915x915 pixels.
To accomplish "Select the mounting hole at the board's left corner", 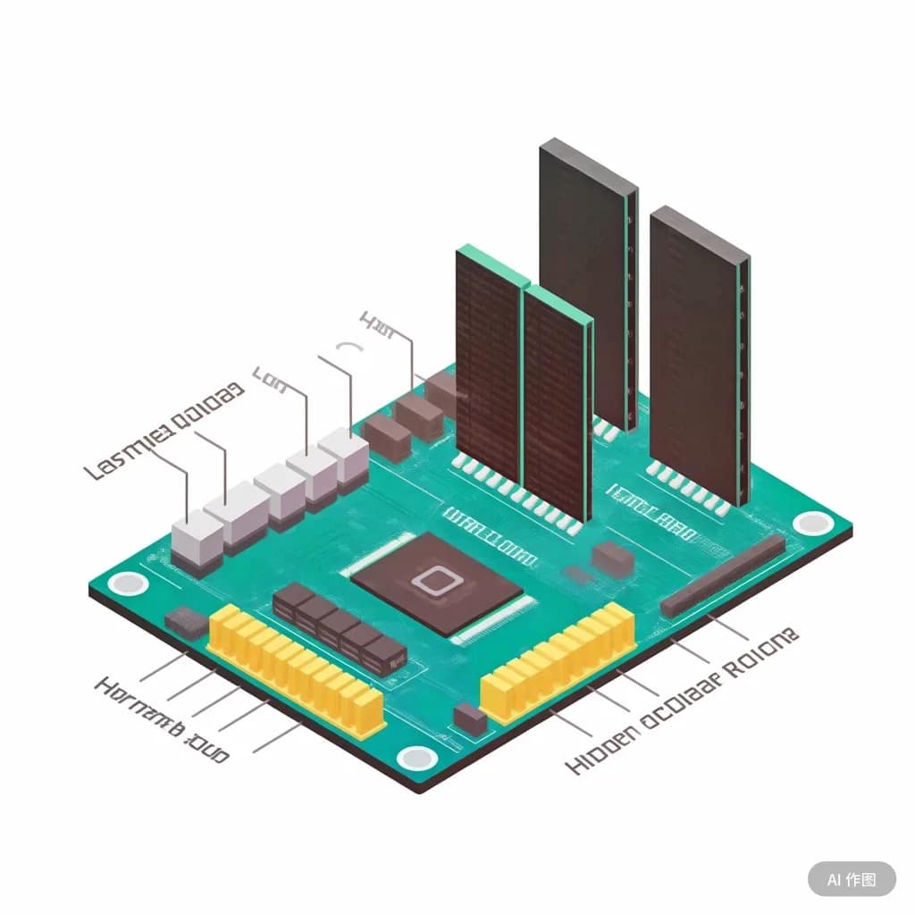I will pyautogui.click(x=128, y=584).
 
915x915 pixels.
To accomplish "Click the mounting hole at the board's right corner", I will pyautogui.click(x=811, y=524).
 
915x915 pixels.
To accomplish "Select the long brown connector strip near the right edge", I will pyautogui.click(x=723, y=575).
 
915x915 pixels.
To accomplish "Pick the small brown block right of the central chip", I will pyautogui.click(x=613, y=557).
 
